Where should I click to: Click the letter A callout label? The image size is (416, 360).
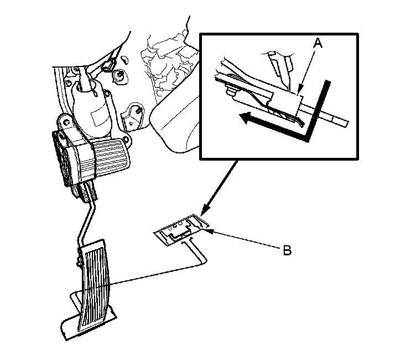pos(318,43)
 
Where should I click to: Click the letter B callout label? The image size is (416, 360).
pos(287,250)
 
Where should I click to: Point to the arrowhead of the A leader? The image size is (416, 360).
pos(299,91)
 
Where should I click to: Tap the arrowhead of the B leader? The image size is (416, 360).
pos(208,231)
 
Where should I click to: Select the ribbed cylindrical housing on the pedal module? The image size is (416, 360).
pos(111,157)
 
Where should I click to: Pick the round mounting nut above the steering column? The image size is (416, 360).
pos(120,76)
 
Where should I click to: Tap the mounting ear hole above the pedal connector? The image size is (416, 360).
pos(65,122)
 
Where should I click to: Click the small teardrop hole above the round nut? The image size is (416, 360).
pos(124,59)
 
